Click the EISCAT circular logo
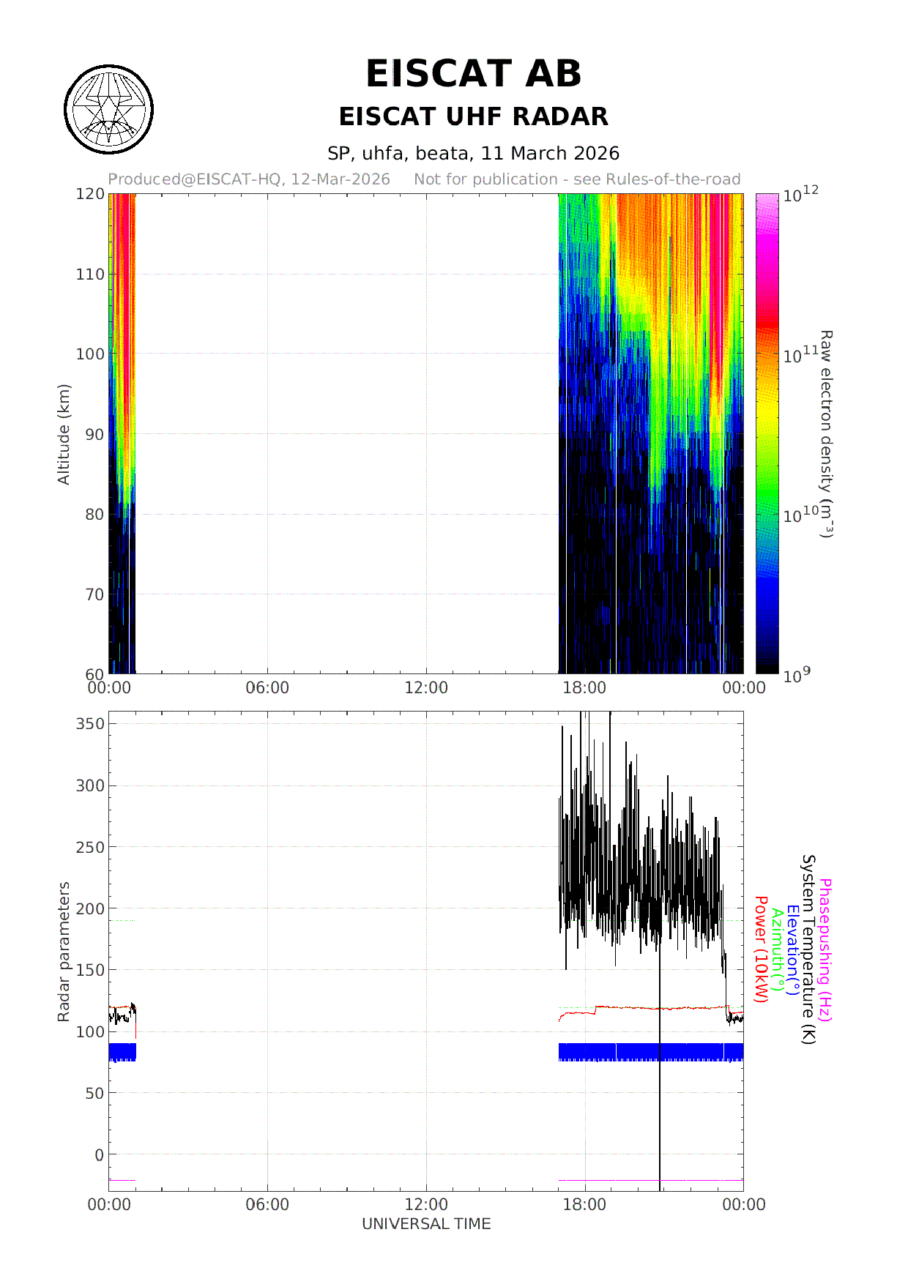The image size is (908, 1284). (109, 110)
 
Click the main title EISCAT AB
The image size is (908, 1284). (473, 74)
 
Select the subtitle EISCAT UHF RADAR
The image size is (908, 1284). (473, 116)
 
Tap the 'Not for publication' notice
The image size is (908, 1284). (577, 179)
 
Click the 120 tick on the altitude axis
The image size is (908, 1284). (90, 194)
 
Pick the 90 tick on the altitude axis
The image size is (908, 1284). (94, 434)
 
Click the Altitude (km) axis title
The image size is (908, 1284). (64, 434)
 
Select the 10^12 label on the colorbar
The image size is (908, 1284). (800, 195)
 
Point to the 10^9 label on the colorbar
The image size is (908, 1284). (797, 675)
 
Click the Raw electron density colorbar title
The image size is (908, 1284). (826, 434)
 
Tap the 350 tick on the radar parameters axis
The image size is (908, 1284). (90, 723)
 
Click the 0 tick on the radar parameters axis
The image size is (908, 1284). (100, 1154)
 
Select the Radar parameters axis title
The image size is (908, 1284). (64, 952)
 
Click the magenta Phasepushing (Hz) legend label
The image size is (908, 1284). (825, 950)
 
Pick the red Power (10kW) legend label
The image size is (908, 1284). (762, 950)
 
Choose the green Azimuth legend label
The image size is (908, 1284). (778, 950)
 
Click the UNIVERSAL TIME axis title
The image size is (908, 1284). (426, 1224)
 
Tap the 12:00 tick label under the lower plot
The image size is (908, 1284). (426, 1205)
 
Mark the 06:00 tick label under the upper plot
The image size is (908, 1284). (267, 688)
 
